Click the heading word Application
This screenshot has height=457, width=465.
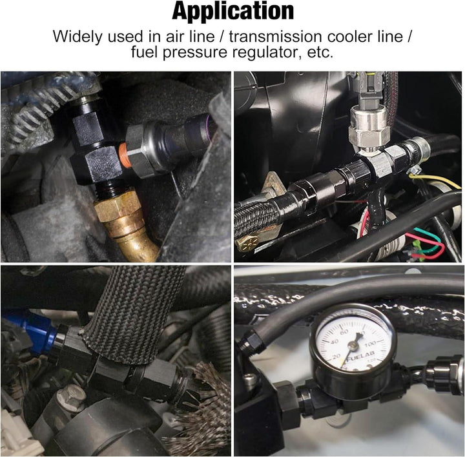(x=232, y=11)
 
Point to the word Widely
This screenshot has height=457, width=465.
(x=76, y=35)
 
